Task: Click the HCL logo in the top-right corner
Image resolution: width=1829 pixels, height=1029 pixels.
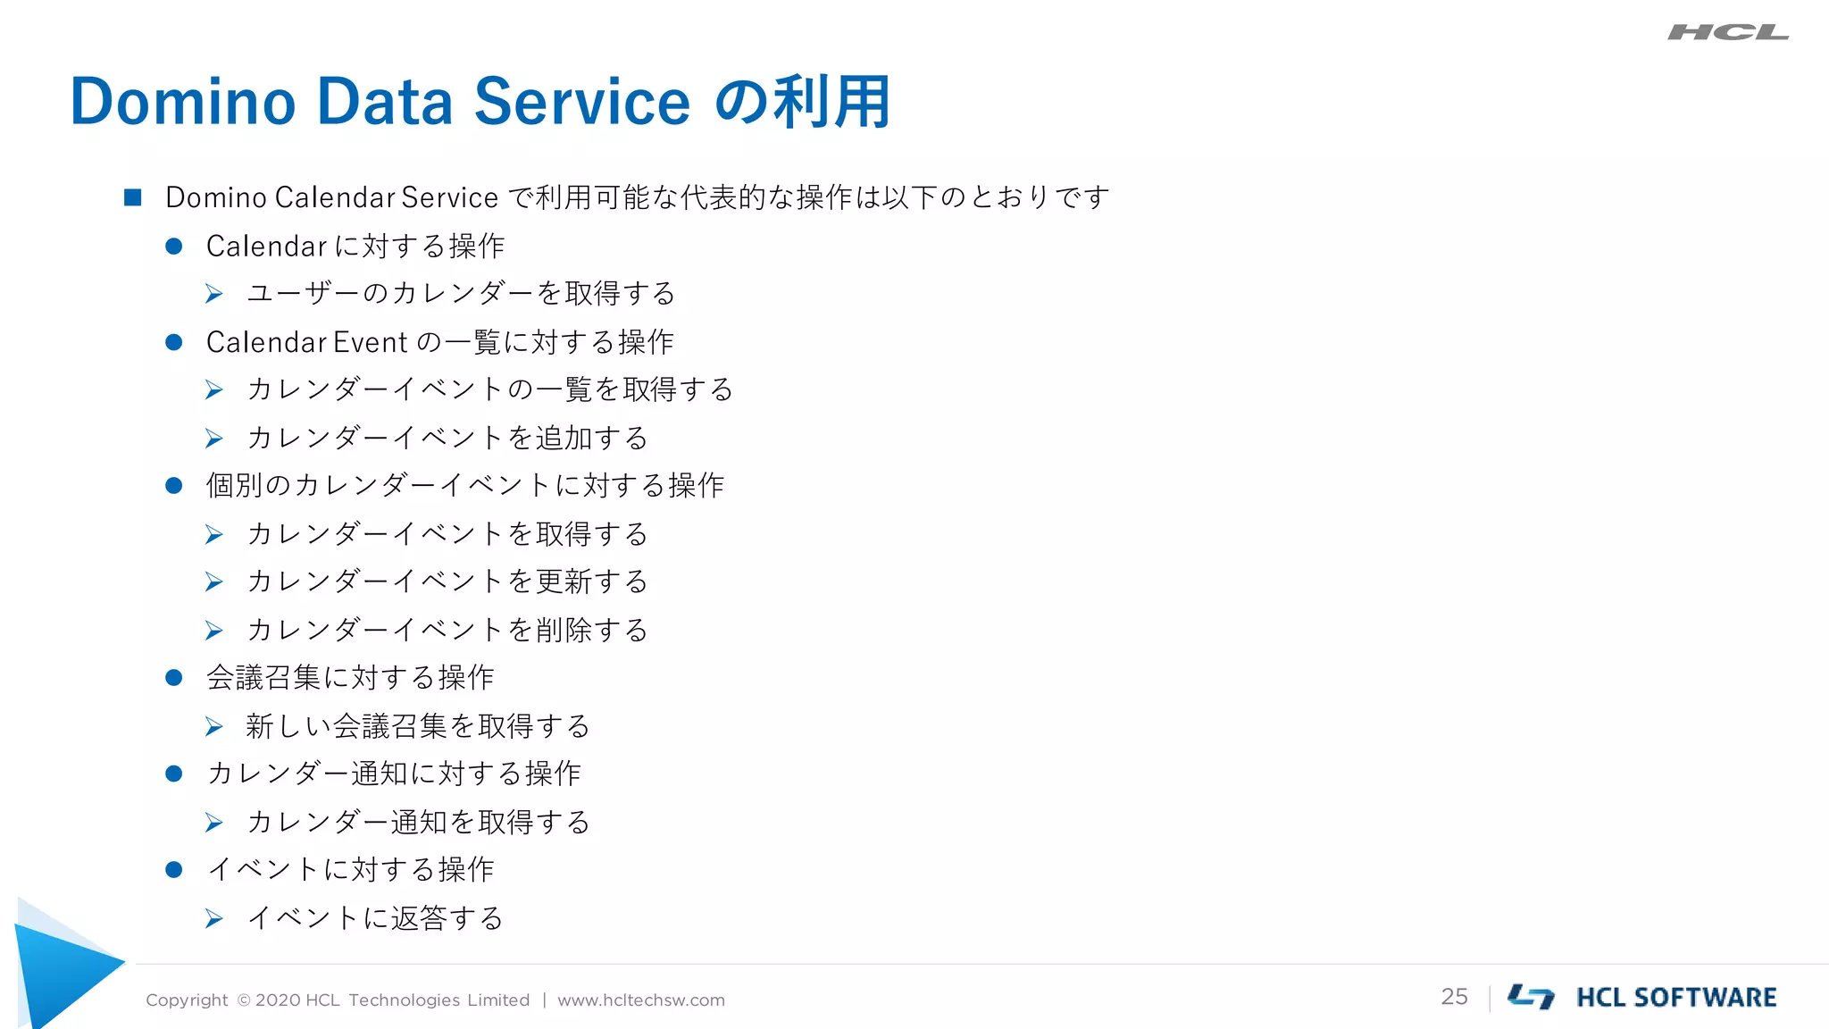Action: [x=1727, y=33]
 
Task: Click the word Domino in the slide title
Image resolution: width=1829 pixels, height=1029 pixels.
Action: [x=182, y=101]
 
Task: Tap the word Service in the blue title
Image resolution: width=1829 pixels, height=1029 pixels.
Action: [x=581, y=101]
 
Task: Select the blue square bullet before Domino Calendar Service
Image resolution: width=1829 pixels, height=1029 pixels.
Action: [x=133, y=197]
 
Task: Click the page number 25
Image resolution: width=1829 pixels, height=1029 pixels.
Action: [x=1454, y=997]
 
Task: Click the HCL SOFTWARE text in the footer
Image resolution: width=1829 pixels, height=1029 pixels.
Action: [x=1676, y=998]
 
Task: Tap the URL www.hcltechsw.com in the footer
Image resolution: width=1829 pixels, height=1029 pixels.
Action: [x=641, y=1000]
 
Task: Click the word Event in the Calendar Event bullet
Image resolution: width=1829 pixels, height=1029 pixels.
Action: [x=370, y=342]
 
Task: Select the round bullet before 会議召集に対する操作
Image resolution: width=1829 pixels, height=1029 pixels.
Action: [x=174, y=678]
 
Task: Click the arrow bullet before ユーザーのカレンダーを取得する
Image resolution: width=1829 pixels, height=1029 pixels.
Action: [x=213, y=294]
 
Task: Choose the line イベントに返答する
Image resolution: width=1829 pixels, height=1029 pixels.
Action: [x=375, y=918]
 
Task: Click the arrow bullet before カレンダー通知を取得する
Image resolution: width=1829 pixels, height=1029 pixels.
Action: [x=213, y=822]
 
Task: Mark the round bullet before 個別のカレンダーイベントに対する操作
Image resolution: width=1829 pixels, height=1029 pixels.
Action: [x=174, y=486]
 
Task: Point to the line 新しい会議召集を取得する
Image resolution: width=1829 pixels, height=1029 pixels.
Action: [x=418, y=726]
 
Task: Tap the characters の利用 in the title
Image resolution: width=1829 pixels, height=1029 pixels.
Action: [x=802, y=101]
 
